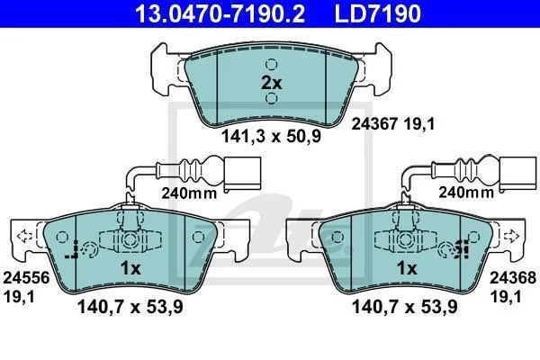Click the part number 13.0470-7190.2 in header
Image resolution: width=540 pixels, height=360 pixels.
[x=220, y=13]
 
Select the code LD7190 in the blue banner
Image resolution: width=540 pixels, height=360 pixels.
[x=377, y=13]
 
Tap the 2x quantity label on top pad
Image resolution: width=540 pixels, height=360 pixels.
[x=272, y=83]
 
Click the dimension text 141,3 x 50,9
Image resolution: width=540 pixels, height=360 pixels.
[x=271, y=136]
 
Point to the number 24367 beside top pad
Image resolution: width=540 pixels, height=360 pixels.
[x=374, y=123]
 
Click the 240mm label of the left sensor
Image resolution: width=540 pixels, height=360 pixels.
[x=189, y=193]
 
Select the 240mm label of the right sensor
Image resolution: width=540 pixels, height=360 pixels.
[x=466, y=193]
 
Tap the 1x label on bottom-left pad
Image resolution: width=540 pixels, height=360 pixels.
[x=130, y=268]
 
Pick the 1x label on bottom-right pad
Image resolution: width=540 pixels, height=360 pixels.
[x=407, y=268]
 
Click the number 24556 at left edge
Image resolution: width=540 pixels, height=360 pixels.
[x=26, y=278]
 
